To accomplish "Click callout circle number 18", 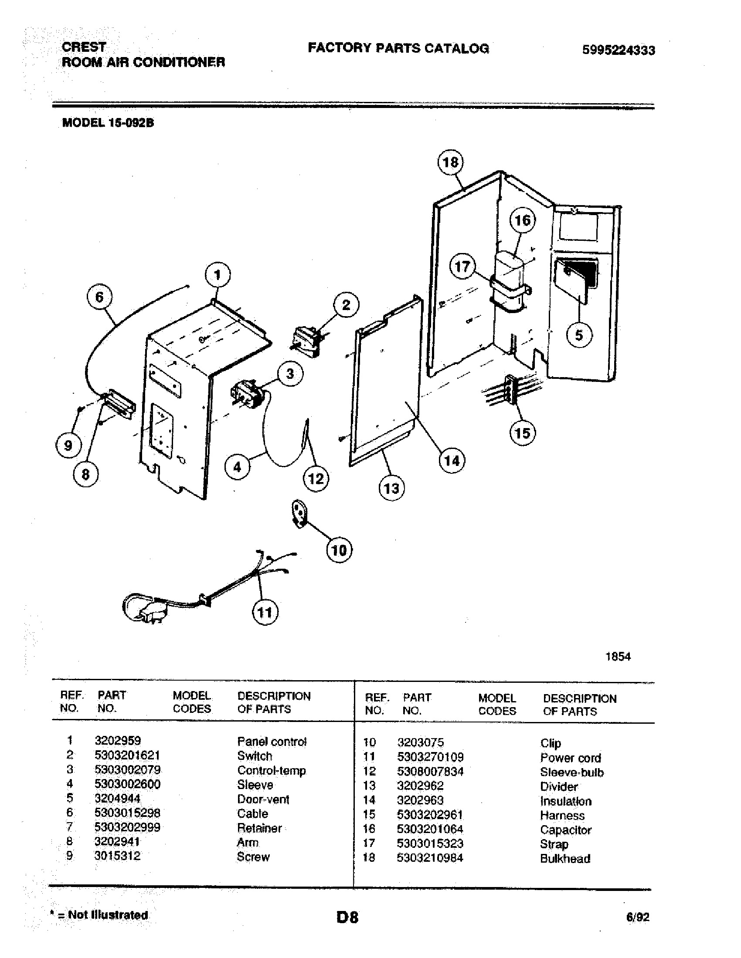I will pyautogui.click(x=450, y=162).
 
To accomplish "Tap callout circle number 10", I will pyautogui.click(x=339, y=550).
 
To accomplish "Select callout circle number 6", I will pyautogui.click(x=99, y=297).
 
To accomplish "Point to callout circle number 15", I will pyautogui.click(x=522, y=433).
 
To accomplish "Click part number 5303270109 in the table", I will pyautogui.click(x=430, y=757).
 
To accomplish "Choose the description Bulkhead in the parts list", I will pyautogui.click(x=565, y=858).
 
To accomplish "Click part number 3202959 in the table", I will pyautogui.click(x=118, y=740).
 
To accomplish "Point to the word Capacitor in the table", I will pyautogui.click(x=565, y=830).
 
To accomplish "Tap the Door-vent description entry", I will pyautogui.click(x=263, y=799).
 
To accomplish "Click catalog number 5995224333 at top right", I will pyautogui.click(x=619, y=50).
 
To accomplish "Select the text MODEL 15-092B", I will pyautogui.click(x=108, y=123).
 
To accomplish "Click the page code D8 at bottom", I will pyautogui.click(x=347, y=918).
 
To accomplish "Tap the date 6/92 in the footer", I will pyautogui.click(x=637, y=917).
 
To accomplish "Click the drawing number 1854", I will pyautogui.click(x=618, y=656).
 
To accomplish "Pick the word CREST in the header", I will pyautogui.click(x=84, y=47).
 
